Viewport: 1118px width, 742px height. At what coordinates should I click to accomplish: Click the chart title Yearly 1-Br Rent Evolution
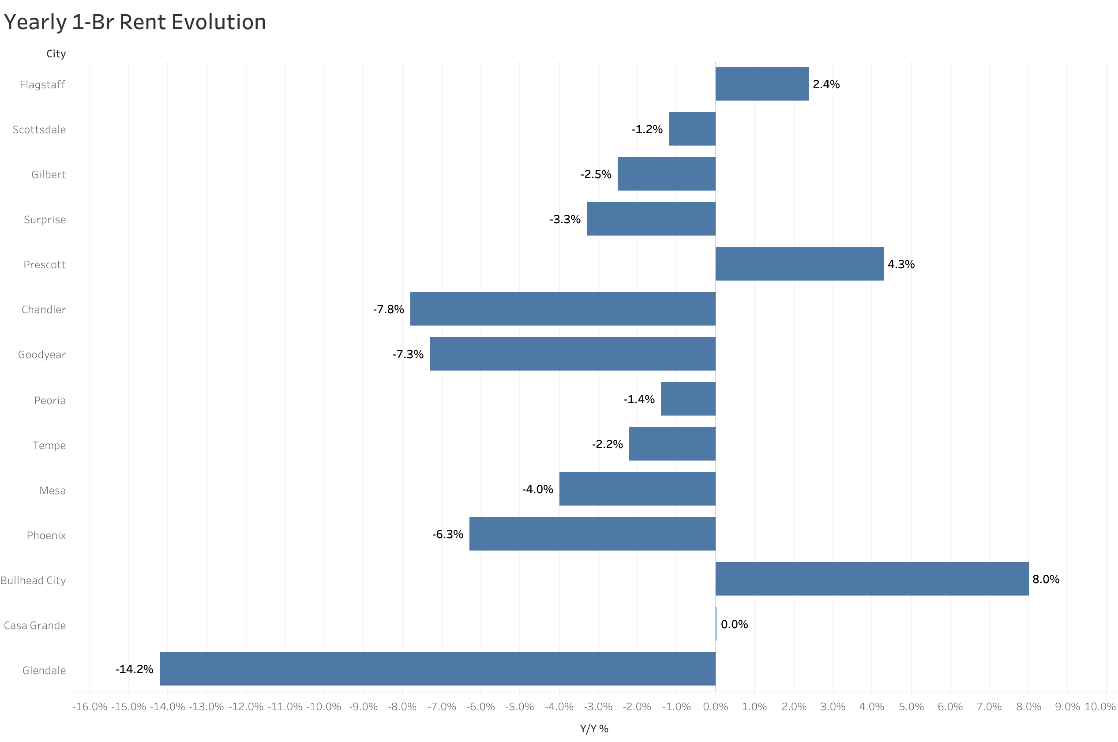tap(135, 22)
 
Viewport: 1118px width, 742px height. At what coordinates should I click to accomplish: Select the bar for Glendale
tap(437, 668)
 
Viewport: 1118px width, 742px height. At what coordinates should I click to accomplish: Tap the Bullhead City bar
tap(871, 578)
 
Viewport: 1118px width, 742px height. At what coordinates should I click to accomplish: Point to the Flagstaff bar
tap(762, 84)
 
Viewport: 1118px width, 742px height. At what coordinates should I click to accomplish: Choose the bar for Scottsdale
tap(692, 129)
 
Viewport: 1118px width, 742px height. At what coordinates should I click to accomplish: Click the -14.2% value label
tap(135, 669)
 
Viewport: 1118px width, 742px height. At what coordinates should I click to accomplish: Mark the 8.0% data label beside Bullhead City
tap(1046, 579)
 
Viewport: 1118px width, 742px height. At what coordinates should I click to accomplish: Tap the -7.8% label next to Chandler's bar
tap(388, 310)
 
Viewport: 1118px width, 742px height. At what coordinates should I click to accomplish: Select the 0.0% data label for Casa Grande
tap(734, 624)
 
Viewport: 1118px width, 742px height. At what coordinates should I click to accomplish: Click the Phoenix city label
tap(46, 535)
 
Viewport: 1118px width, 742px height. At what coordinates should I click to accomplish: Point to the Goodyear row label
tap(42, 354)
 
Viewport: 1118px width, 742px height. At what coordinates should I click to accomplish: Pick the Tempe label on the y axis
tap(49, 445)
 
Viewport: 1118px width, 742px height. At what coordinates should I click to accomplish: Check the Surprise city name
tap(45, 220)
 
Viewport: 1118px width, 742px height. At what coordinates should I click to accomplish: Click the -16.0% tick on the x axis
tap(90, 707)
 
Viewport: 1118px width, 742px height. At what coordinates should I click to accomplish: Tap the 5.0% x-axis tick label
tap(911, 707)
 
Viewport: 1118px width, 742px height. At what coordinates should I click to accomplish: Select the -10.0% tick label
tap(323, 707)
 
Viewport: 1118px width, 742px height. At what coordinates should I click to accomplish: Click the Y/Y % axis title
tap(594, 729)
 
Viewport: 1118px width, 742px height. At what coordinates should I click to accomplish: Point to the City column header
tap(56, 54)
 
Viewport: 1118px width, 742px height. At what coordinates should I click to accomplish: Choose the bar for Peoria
tap(688, 398)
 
